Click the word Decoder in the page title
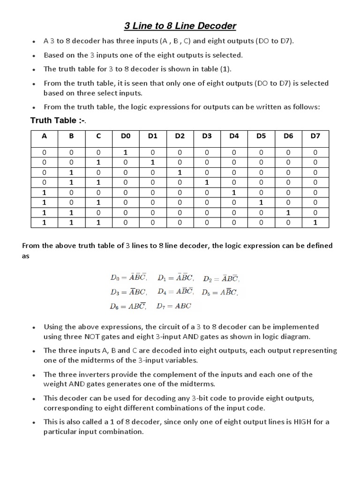point(215,25)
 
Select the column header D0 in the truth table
point(125,136)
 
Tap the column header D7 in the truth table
point(315,136)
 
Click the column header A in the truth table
point(45,136)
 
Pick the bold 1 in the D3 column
point(207,182)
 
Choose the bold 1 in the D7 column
point(315,223)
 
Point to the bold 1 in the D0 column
point(125,152)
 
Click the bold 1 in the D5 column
point(261,202)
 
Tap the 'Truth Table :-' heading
point(58,120)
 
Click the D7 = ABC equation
point(174,306)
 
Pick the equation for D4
point(175,292)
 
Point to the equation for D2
point(221,278)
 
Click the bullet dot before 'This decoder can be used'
point(34,399)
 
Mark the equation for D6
point(128,307)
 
